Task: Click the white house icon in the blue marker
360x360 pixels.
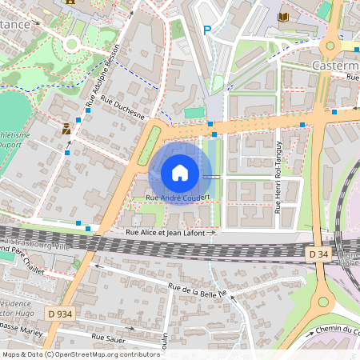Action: pos(179,173)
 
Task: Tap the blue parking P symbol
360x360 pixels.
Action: pos(207,30)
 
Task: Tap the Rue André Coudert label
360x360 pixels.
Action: pos(178,197)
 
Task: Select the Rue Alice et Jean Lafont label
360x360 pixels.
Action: pos(166,232)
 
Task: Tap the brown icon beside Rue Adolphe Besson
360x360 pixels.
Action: pos(66,127)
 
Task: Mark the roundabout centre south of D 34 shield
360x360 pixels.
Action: pos(323,302)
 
